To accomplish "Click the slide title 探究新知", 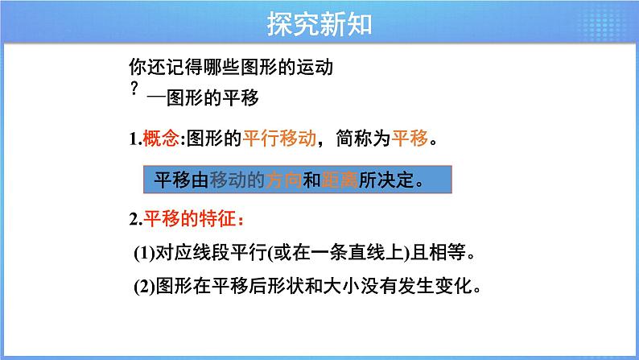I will (x=319, y=25).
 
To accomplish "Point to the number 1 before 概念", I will (x=133, y=139).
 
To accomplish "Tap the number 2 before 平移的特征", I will (x=133, y=218).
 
